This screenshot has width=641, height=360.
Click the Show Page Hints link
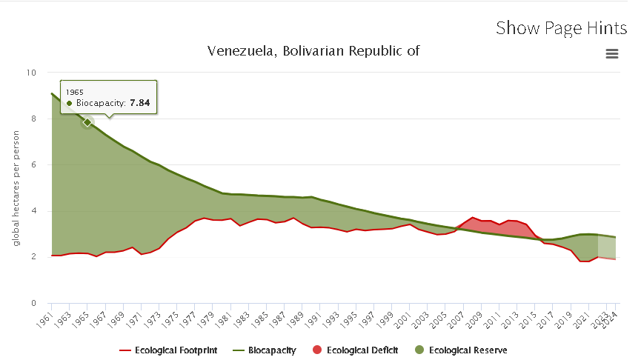tap(561, 28)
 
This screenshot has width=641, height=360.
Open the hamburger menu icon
tap(611, 53)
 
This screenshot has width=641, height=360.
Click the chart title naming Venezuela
tap(313, 51)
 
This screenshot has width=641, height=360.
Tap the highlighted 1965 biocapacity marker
tap(87, 122)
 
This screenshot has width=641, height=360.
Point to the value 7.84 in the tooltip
tap(139, 103)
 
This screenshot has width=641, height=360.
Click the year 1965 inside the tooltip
tap(75, 92)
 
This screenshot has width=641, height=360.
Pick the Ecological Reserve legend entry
tap(461, 350)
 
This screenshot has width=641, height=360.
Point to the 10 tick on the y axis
tap(31, 73)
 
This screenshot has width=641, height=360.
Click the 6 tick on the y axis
tap(33, 165)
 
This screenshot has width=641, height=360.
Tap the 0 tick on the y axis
tap(33, 303)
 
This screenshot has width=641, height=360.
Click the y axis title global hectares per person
tap(16, 188)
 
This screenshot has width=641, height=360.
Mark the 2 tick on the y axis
tap(33, 257)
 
